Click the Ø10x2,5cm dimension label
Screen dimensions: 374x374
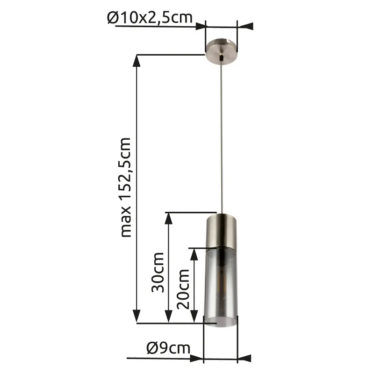click(150, 17)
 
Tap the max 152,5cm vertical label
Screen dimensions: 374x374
click(126, 187)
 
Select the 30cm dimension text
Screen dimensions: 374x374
click(158, 273)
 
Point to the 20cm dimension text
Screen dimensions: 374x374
click(183, 289)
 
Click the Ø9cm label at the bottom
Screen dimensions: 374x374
click(168, 348)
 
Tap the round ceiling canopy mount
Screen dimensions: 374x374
click(222, 51)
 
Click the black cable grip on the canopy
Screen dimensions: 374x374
click(222, 58)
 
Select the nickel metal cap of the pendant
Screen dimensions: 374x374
click(222, 230)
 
